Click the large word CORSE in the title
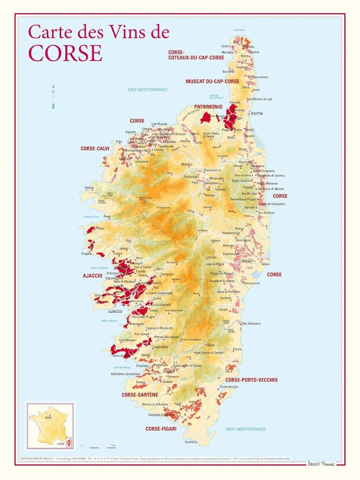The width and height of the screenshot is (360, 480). point(65,53)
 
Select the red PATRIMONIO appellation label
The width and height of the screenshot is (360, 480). point(208,107)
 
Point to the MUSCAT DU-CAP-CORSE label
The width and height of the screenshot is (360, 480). point(212,81)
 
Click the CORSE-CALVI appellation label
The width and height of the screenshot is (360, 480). point(95,148)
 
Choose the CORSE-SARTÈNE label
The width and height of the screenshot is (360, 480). point(140,395)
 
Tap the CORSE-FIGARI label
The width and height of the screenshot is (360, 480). point(161,429)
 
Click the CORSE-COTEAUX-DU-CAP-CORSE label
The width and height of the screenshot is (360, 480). point(196,55)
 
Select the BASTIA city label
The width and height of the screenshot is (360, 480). point(257,114)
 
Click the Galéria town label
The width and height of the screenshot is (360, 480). point(89,188)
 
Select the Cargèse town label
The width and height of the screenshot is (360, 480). point(86,254)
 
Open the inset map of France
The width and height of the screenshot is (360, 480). point(50,426)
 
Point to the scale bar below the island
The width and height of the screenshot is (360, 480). point(98,447)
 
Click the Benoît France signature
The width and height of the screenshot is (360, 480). point(321,463)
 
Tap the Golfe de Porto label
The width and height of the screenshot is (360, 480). point(91,217)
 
